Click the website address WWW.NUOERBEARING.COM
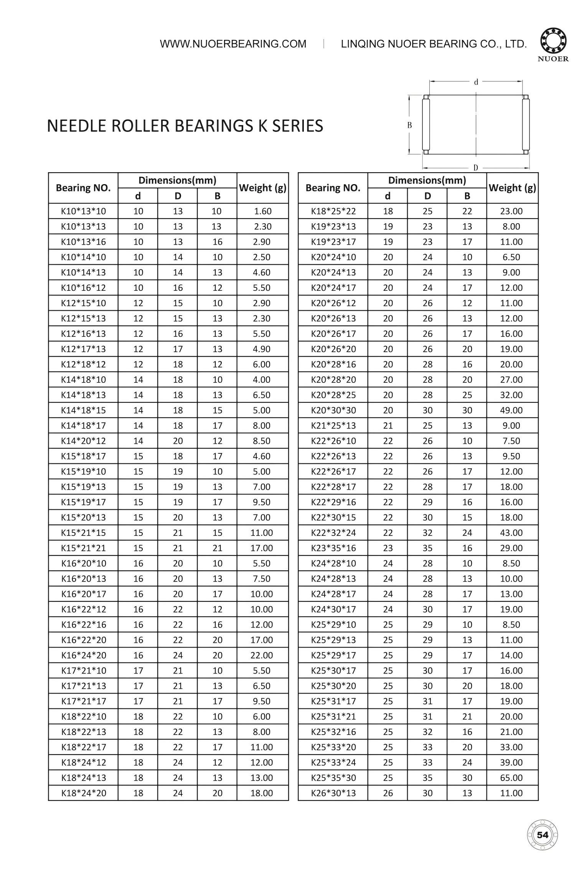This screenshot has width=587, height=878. [x=233, y=44]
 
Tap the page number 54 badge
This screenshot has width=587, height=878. [x=542, y=835]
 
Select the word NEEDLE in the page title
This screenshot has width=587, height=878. [x=76, y=126]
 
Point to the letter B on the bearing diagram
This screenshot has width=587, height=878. [x=410, y=125]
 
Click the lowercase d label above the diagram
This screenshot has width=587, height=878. [x=476, y=82]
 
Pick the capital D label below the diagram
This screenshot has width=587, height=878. [x=475, y=168]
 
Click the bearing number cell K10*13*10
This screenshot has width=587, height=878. [x=83, y=211]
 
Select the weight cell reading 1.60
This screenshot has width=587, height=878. [x=263, y=211]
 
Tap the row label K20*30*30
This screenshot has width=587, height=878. [x=333, y=410]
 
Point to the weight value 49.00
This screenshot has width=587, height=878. [x=511, y=410]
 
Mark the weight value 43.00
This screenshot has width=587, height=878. [x=511, y=533]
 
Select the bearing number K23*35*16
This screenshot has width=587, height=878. [x=333, y=548]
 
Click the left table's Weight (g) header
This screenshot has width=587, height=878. [x=263, y=188]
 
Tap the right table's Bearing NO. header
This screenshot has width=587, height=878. [x=333, y=188]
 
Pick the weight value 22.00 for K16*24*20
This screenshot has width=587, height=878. [x=262, y=655]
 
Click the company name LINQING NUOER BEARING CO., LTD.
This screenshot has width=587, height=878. [x=434, y=44]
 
